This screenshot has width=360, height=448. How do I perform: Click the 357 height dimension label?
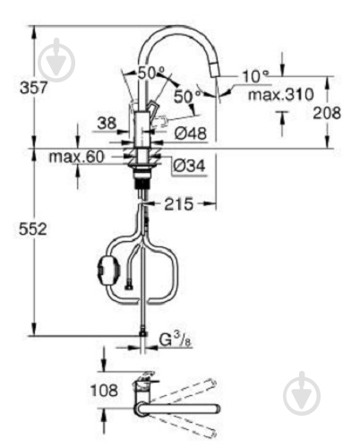17,87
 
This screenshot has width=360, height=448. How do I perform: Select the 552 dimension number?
17,229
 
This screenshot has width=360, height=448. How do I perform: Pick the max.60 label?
76,158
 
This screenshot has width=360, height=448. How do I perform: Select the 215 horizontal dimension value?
178,205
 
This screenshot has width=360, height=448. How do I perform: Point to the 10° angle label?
256,75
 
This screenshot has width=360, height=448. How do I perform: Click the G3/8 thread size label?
175,340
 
